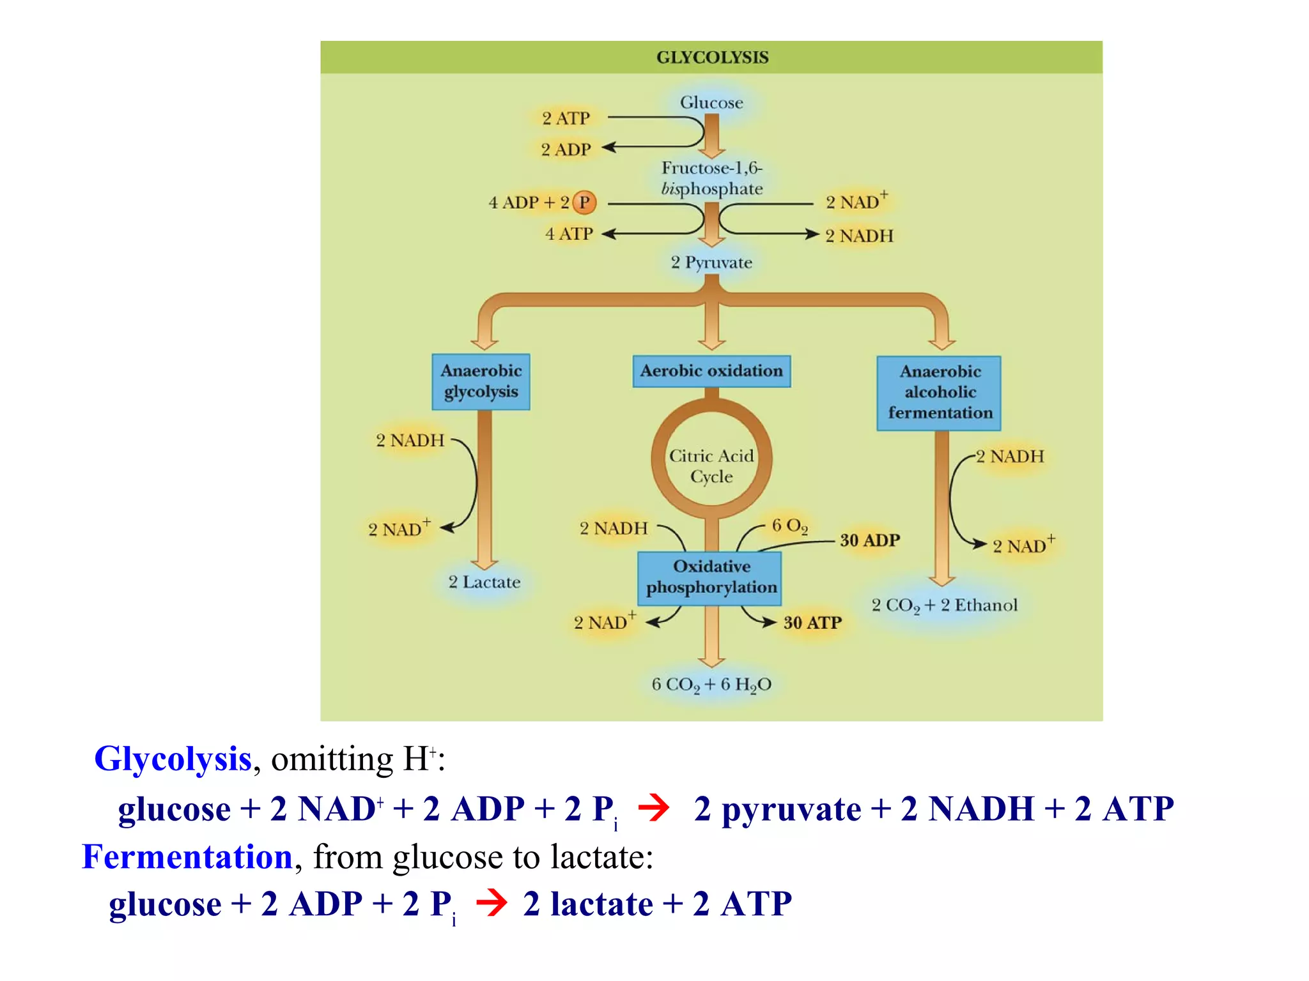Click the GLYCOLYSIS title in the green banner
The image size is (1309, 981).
(x=712, y=57)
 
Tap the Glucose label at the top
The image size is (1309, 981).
(x=711, y=103)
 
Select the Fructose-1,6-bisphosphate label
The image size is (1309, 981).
(x=711, y=178)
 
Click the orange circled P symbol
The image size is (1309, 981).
(x=584, y=202)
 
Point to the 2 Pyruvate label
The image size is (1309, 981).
(x=711, y=262)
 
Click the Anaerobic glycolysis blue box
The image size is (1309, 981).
(x=481, y=381)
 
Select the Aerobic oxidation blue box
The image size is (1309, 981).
(x=711, y=371)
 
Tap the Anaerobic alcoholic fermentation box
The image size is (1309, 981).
(x=939, y=392)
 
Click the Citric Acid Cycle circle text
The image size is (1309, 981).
(x=711, y=466)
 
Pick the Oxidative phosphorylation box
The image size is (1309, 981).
(x=711, y=577)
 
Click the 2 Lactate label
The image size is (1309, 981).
(x=484, y=582)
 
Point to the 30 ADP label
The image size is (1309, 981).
(x=869, y=540)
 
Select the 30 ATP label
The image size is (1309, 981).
(x=812, y=623)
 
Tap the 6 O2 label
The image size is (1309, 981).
(x=789, y=526)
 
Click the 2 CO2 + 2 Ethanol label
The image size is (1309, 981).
(x=944, y=605)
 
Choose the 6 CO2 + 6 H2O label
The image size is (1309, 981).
(x=711, y=685)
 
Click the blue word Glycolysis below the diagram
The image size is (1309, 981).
(x=173, y=759)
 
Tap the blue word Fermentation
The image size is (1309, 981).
(x=187, y=857)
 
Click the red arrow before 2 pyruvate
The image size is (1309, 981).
(x=653, y=809)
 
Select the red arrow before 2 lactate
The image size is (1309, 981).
(x=492, y=903)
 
